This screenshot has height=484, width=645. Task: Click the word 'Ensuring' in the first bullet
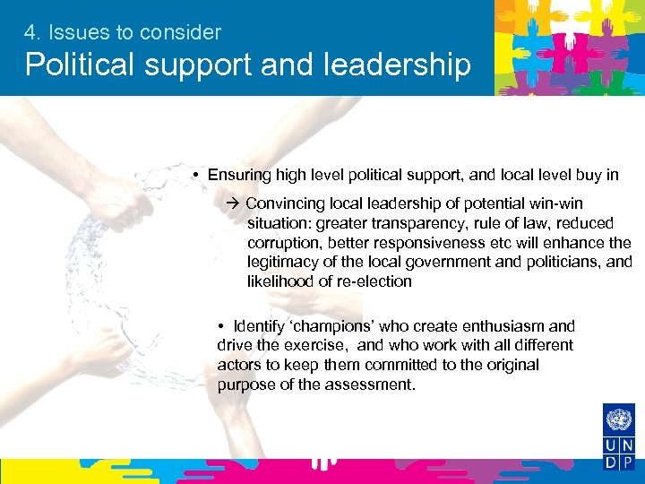tap(236, 175)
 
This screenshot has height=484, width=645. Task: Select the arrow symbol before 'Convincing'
tap(234, 204)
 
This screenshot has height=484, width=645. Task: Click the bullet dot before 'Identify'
tap(220, 326)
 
